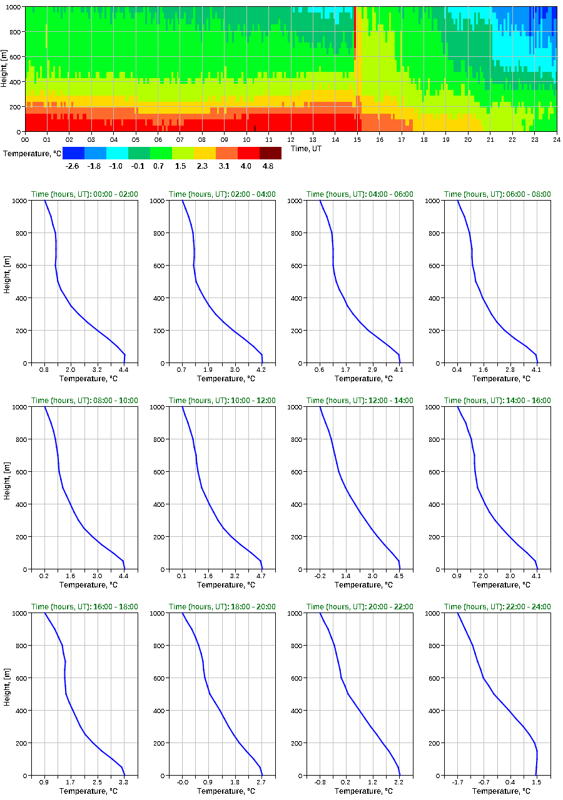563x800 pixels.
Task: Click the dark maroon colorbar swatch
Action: coord(270,152)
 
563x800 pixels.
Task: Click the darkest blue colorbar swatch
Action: coord(73,152)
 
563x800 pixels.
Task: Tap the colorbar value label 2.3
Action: coord(205,166)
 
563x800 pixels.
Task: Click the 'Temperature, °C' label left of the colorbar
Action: coord(31,153)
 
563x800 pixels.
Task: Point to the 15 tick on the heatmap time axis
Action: coord(358,139)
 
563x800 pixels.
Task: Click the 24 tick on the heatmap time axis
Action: coord(556,139)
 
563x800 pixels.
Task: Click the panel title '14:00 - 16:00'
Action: coord(497,401)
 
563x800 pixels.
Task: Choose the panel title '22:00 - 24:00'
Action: coord(497,607)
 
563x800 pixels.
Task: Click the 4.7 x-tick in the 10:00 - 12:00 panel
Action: coord(261,576)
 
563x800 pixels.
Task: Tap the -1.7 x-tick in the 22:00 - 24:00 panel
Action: coord(457,782)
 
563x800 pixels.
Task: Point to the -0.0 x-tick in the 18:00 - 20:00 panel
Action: coord(182,782)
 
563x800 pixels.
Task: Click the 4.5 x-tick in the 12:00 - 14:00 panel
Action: coord(398,576)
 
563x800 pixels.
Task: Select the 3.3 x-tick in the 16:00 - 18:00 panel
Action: coord(123,782)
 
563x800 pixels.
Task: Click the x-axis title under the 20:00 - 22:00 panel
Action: coord(360,791)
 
